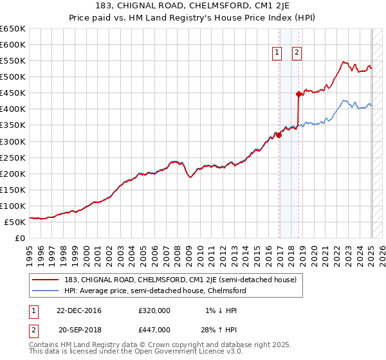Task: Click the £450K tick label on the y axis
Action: tap(13, 93)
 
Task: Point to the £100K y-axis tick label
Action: tap(13, 206)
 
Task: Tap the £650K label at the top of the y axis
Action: tap(13, 29)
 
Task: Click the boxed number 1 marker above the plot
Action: tap(277, 53)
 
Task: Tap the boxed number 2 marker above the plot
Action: tap(297, 53)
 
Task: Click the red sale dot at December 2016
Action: tap(279, 135)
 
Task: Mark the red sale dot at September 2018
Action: tap(299, 94)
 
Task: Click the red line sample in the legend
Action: tap(46, 280)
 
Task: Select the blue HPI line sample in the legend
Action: tap(46, 291)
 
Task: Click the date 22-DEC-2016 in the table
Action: tap(79, 310)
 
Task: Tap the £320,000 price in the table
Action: tap(154, 310)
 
